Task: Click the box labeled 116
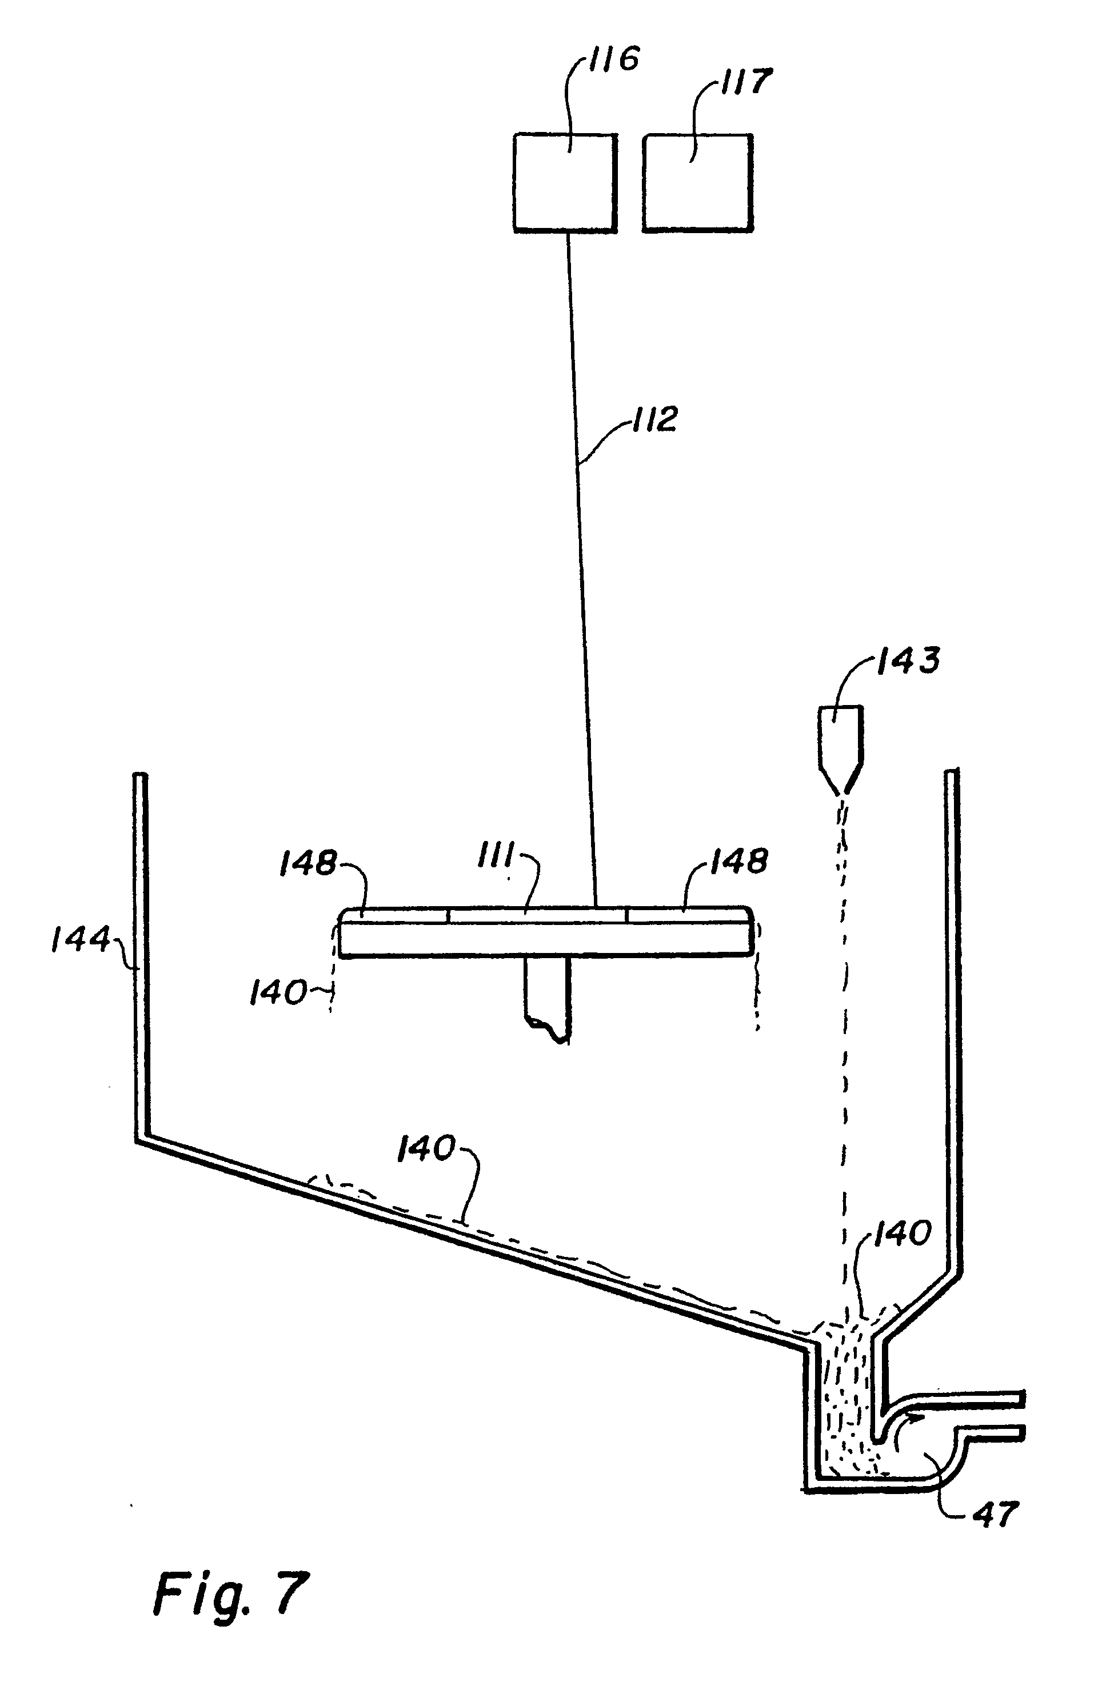tap(564, 182)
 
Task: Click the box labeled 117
tap(697, 182)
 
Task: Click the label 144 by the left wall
tap(80, 941)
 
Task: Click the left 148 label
tap(307, 863)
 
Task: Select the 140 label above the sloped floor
tap(425, 1148)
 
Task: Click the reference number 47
tap(996, 1515)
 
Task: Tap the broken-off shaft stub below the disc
tap(547, 999)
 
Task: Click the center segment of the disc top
tap(537, 915)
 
